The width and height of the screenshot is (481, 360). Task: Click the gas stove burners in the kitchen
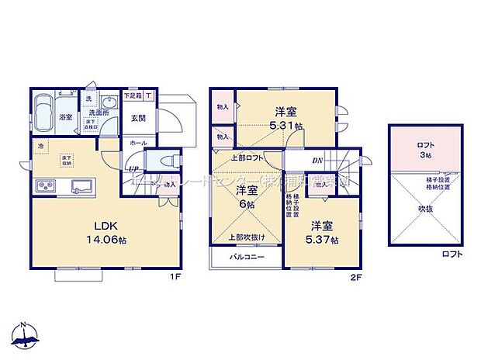point(44,187)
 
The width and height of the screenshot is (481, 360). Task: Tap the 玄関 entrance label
point(137,119)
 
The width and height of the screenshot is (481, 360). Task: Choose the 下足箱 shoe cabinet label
point(133,96)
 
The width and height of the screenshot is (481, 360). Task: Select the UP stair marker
point(133,168)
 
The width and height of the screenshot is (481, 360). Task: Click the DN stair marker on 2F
point(317,161)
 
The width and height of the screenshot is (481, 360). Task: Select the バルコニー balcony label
point(246,257)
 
